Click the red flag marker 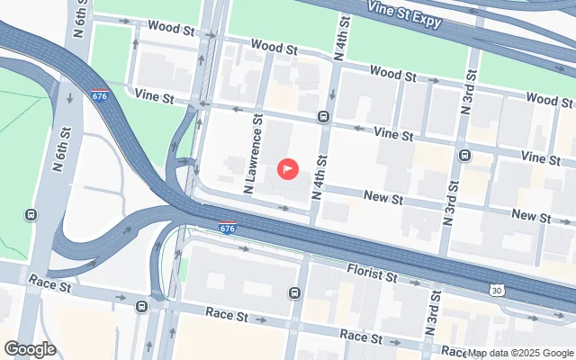tap(288, 168)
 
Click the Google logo tap(31, 349)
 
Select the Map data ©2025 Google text tap(521, 353)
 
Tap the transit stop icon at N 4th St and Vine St tap(322, 115)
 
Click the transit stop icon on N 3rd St tap(464, 154)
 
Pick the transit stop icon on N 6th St tap(31, 215)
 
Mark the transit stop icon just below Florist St tap(294, 292)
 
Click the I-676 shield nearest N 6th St tap(100, 94)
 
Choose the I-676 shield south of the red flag tap(228, 229)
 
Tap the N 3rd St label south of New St tap(447, 202)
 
